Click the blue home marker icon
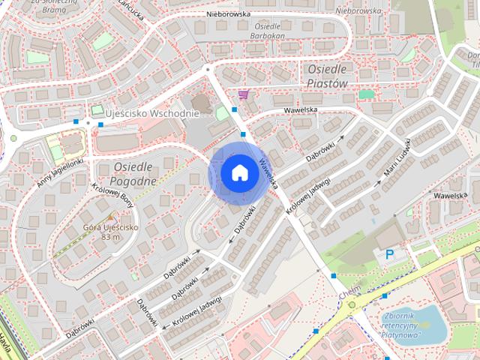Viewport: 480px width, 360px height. [238, 172]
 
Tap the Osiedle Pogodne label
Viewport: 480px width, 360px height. [133, 174]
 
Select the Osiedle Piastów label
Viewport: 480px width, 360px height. [328, 76]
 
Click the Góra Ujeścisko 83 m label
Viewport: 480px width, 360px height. [110, 232]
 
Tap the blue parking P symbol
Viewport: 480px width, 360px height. [389, 255]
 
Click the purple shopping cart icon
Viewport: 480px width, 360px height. [243, 94]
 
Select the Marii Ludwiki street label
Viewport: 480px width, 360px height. [394, 158]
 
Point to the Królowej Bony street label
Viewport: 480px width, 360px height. [112, 196]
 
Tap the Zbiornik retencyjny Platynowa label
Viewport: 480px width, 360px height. [400, 325]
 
